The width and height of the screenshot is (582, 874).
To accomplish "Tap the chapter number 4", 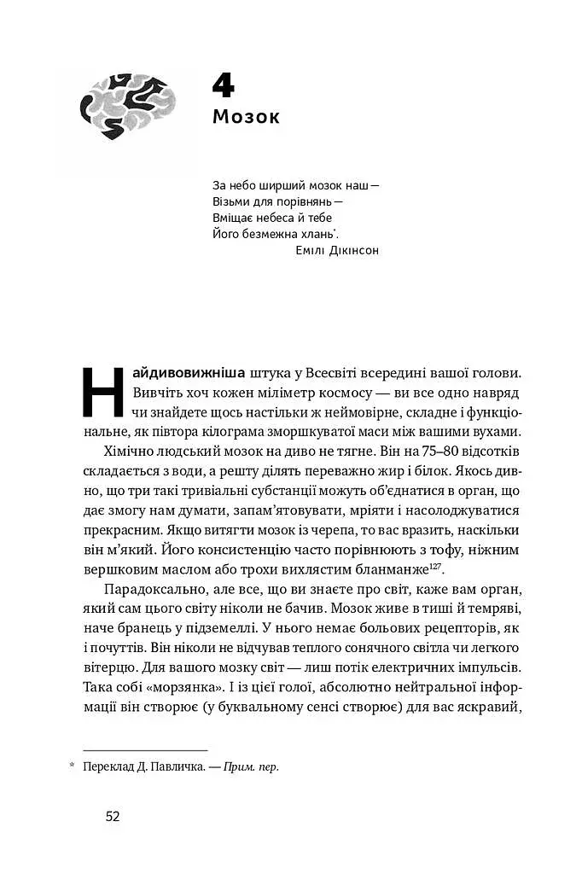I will pos(223,86).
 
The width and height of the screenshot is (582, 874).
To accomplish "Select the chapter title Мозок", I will pos(246,117).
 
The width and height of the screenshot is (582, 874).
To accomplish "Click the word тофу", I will pos(454,551).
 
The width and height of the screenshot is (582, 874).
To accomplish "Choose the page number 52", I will pos(113,816).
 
